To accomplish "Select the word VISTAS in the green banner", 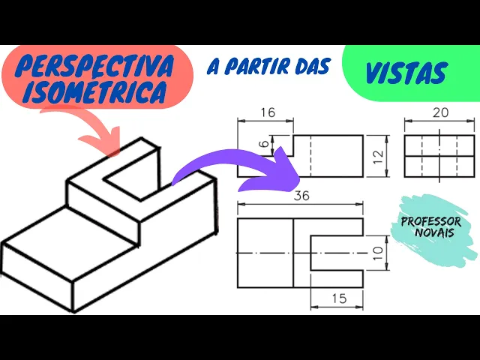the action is pyautogui.click(x=406, y=73).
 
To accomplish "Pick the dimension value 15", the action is pyautogui.click(x=337, y=298).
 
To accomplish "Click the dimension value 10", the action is pyautogui.click(x=377, y=253).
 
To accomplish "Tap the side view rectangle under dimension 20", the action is pyautogui.click(x=439, y=156).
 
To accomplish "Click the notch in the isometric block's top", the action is pyautogui.click(x=131, y=172).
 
